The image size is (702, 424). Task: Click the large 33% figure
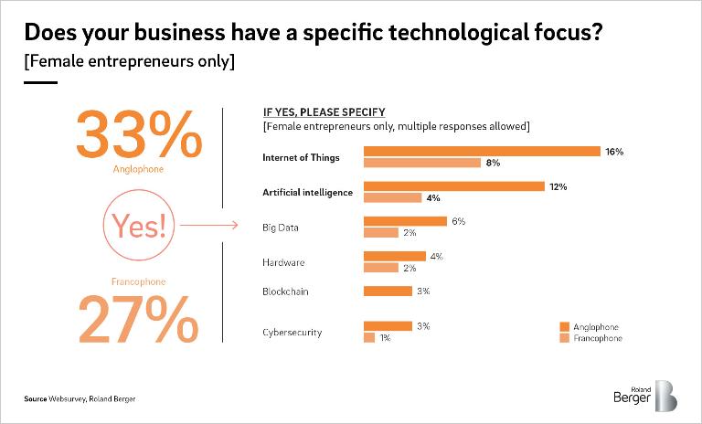[139, 134]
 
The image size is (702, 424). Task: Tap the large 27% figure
[138, 320]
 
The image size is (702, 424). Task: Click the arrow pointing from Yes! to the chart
[208, 225]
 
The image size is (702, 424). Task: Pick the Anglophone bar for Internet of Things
[482, 152]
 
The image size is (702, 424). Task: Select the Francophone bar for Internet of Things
[422, 163]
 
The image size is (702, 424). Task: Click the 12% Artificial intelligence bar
[454, 186]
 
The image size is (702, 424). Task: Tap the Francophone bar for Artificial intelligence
[393, 197]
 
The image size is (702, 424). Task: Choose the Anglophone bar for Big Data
[405, 221]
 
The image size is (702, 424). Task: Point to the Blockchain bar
[388, 291]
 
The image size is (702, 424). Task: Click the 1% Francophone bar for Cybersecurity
[369, 337]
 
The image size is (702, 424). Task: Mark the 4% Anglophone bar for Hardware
[395, 256]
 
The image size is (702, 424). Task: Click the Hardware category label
[283, 262]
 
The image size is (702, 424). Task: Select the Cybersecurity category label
[292, 333]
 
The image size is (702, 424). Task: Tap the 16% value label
[614, 152]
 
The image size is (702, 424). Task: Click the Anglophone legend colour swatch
[565, 327]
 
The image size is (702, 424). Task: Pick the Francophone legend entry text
[598, 338]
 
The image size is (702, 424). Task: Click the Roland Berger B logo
[666, 396]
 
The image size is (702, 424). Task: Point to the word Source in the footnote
[36, 399]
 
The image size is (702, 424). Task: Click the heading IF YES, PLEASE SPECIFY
[324, 112]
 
